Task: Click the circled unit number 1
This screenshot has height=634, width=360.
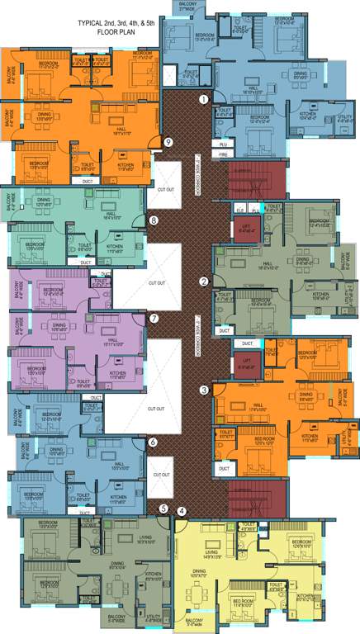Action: click(203, 100)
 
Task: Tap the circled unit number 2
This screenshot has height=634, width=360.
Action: click(204, 281)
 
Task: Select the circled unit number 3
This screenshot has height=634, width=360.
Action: click(204, 390)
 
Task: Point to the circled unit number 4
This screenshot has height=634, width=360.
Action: click(181, 510)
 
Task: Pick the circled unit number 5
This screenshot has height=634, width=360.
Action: click(163, 509)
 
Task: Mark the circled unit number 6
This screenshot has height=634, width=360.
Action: click(153, 442)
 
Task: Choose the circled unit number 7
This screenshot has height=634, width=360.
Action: click(153, 318)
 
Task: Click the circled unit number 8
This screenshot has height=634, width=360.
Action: click(154, 220)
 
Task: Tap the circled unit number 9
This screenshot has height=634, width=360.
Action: click(168, 142)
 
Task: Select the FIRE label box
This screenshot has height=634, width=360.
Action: click(223, 154)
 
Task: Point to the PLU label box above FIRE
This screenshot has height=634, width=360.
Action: click(223, 144)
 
